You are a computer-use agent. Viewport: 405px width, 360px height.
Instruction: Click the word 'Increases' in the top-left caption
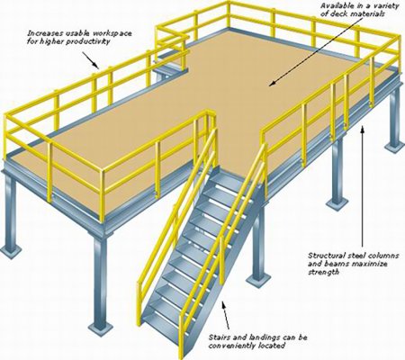click(x=41, y=32)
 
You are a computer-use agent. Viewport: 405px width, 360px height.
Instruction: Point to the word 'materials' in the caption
click(x=370, y=13)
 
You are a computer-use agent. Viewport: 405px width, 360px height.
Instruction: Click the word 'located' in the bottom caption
click(x=274, y=346)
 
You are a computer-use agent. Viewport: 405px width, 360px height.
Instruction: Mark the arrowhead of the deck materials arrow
click(x=272, y=84)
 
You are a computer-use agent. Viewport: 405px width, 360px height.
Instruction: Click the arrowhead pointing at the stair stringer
click(x=223, y=305)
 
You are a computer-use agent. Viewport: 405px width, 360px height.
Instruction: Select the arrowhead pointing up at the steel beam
click(x=363, y=130)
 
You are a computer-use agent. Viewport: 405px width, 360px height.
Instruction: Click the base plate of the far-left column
click(x=11, y=249)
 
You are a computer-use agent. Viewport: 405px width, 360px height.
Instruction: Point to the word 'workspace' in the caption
click(x=113, y=33)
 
